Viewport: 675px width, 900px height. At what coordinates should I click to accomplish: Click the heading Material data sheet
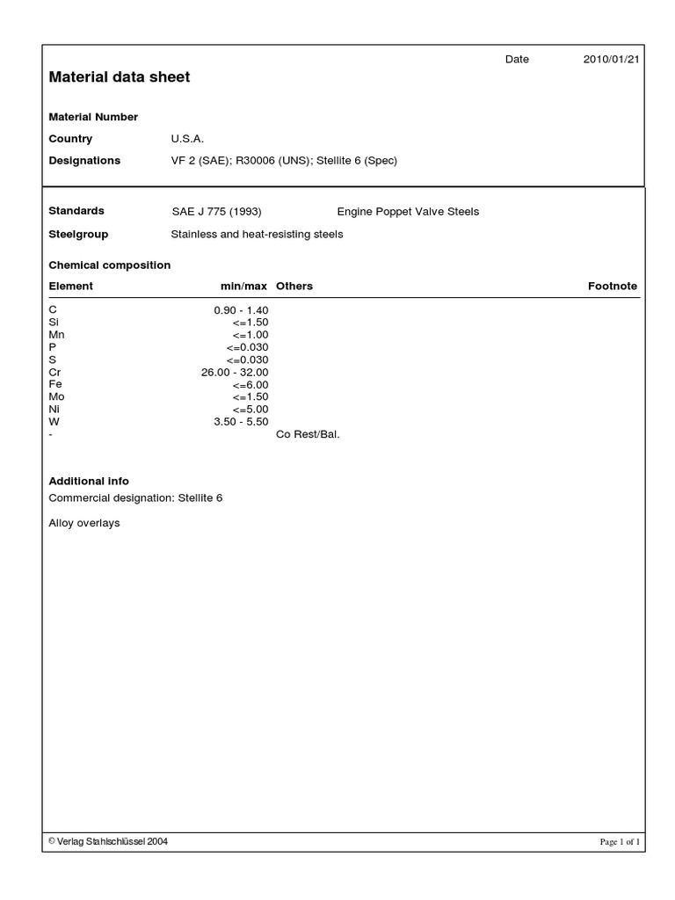119,77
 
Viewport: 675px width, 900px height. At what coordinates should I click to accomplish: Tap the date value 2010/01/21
611,59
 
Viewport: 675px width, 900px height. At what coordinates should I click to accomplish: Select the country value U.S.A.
187,139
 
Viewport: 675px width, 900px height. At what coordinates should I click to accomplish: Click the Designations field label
84,161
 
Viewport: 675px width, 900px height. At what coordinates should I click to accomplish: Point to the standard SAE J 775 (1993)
216,212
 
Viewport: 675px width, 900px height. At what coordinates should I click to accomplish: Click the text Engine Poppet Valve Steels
408,212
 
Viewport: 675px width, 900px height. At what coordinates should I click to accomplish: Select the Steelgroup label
78,235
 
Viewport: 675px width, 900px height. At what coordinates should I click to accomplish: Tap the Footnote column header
612,287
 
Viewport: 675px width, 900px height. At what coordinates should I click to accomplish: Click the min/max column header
243,287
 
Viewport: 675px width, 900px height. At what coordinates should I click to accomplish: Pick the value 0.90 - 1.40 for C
241,310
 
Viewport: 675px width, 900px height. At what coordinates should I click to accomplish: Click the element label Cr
54,373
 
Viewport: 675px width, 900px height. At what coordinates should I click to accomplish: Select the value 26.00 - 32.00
235,373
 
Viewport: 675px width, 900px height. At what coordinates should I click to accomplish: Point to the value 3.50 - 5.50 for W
241,422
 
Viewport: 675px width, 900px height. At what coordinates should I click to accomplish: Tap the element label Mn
56,335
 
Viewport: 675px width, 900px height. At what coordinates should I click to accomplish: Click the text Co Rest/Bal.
308,434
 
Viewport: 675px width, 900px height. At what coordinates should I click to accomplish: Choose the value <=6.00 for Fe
250,385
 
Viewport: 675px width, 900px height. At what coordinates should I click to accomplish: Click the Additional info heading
89,482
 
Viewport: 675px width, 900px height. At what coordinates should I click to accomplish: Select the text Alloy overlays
84,523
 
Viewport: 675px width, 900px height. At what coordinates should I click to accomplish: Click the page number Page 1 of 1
620,842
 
